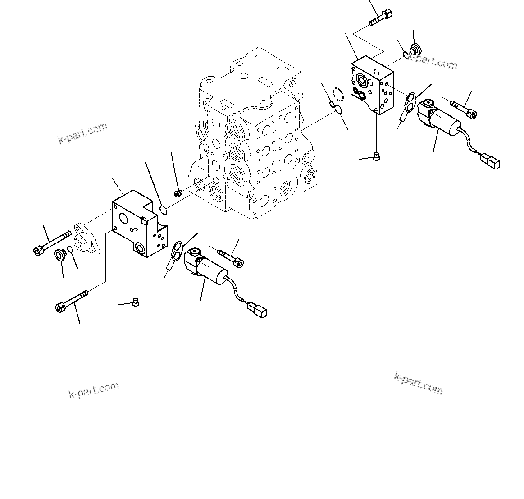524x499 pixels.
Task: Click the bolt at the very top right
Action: coord(380,18)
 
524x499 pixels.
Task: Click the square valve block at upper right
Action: coord(372,86)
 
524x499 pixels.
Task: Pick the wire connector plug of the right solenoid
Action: coord(491,161)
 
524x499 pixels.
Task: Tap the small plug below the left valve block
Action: coord(136,302)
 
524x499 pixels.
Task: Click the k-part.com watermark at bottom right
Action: coord(418,383)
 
